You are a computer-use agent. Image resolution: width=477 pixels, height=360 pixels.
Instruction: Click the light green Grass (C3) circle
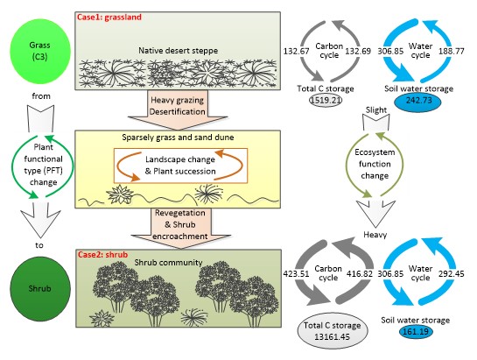[40, 51]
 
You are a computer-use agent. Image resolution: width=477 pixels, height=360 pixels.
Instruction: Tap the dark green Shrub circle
[40, 289]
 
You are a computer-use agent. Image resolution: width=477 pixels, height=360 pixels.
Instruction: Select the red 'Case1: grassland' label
[109, 17]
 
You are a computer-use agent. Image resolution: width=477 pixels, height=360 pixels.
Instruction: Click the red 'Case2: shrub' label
[102, 254]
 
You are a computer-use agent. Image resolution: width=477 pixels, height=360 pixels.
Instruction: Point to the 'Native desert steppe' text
[179, 51]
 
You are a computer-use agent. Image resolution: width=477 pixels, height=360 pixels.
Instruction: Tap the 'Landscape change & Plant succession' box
[180, 166]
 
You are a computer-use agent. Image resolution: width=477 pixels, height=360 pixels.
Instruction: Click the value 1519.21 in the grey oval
[326, 100]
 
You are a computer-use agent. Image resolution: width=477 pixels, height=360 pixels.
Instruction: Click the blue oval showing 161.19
[416, 331]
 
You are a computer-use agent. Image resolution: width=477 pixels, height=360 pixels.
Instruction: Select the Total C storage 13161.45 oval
[333, 331]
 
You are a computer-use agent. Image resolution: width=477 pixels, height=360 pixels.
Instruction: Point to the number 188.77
[451, 51]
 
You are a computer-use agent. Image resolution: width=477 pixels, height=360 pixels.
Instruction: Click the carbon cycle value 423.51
[296, 274]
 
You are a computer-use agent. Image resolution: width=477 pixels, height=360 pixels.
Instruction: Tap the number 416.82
[360, 274]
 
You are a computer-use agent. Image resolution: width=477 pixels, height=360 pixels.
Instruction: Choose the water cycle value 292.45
[451, 274]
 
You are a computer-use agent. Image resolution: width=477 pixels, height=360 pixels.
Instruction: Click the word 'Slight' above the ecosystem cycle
[376, 110]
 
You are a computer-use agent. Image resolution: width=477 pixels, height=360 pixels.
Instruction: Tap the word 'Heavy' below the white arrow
[375, 235]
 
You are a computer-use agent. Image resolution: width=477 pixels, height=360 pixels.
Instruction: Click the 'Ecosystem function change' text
[375, 164]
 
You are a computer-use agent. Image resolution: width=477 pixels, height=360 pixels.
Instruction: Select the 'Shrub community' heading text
[169, 262]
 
